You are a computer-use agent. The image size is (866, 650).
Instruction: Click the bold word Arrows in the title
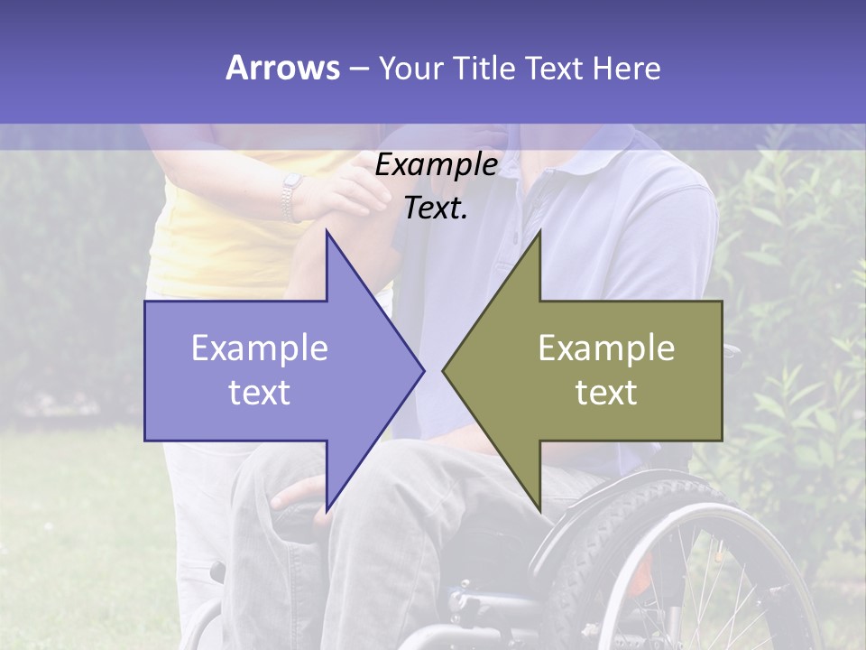tap(282, 68)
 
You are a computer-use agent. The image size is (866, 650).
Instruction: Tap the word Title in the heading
tap(484, 68)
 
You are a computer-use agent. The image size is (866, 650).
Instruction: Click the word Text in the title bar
tap(552, 68)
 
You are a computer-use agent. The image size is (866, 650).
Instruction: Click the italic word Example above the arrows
tap(436, 165)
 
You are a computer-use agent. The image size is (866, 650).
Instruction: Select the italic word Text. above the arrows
tap(436, 209)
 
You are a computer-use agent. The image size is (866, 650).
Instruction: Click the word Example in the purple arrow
tap(260, 348)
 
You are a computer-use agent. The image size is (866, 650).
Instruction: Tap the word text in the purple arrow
tap(260, 393)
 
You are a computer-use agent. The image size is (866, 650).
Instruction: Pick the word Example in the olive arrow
tap(606, 348)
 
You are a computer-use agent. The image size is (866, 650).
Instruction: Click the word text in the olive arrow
tap(606, 393)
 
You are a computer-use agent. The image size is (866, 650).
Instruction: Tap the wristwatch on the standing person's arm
tap(290, 197)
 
